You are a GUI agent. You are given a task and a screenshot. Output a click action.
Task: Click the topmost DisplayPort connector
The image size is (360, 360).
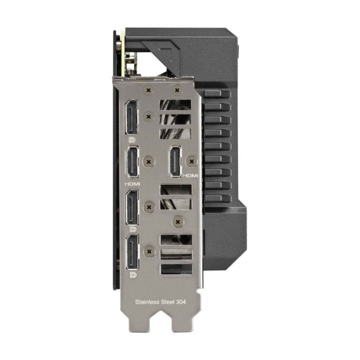[131, 117]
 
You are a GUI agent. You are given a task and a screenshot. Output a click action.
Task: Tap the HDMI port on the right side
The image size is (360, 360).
[175, 161]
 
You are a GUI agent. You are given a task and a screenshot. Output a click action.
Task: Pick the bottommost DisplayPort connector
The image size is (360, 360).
[132, 252]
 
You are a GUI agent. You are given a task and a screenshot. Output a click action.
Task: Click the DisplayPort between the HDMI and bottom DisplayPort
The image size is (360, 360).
[132, 207]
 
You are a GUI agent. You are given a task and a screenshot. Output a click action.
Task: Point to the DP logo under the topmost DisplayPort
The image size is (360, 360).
[132, 140]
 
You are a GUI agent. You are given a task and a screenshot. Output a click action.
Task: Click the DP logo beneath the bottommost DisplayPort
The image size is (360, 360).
[132, 275]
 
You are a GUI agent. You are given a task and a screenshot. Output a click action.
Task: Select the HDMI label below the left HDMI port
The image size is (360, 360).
[132, 184]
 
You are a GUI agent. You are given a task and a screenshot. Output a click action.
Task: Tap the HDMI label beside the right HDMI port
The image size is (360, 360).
[190, 175]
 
